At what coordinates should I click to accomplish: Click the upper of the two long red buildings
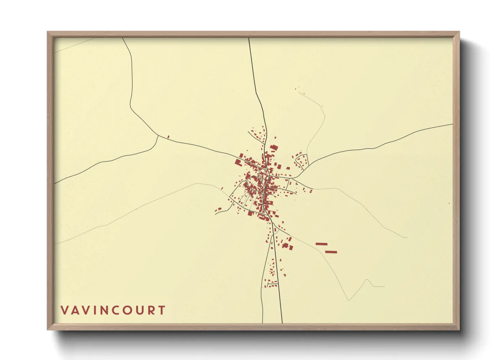coord(321,244)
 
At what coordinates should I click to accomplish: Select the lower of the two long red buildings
coord(331,252)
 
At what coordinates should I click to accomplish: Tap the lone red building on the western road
coord(168,137)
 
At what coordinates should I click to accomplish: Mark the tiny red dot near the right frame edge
coord(449,203)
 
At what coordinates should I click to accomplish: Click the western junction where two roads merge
coord(158,136)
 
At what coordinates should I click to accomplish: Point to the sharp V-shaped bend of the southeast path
coord(348,300)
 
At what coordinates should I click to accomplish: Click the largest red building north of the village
coord(274,147)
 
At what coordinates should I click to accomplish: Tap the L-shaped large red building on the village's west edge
coord(238,162)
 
